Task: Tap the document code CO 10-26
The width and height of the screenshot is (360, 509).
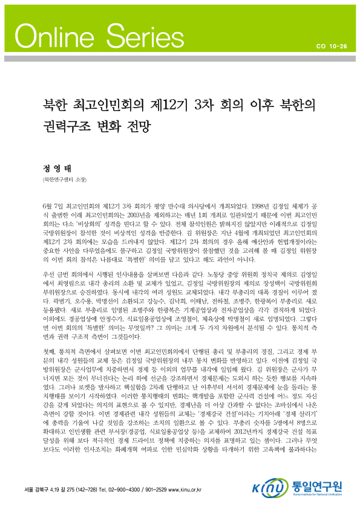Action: pyautogui.click(x=331, y=45)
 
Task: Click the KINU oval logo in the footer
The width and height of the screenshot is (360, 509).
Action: pyautogui.click(x=264, y=487)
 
